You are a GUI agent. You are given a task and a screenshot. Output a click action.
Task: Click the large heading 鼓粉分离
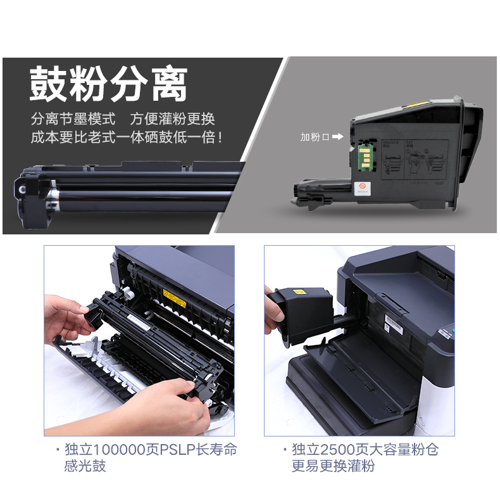click(x=108, y=84)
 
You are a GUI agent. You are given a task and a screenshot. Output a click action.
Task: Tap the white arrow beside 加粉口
click(x=337, y=137)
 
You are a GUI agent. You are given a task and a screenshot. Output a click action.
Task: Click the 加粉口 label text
click(x=315, y=137)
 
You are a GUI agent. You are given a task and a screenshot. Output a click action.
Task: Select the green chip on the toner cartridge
click(x=365, y=157)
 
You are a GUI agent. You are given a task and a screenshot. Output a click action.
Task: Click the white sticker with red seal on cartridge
click(x=363, y=189)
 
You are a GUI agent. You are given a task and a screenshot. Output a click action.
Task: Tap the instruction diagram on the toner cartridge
click(x=415, y=160)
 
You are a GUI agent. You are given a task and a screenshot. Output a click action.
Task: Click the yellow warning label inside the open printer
click(x=174, y=298)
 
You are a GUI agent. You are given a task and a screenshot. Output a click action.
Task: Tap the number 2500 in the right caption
click(x=337, y=450)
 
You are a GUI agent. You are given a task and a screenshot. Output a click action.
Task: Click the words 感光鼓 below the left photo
click(x=85, y=466)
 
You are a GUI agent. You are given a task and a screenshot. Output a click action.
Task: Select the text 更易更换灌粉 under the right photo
click(x=334, y=466)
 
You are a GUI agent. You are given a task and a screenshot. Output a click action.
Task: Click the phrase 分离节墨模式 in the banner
click(x=73, y=118)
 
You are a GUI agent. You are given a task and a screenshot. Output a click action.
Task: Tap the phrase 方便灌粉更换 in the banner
click(x=172, y=118)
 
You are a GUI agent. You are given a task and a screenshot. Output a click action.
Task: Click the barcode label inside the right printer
click(x=394, y=323)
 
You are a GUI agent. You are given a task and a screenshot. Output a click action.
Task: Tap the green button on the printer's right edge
click(x=453, y=331)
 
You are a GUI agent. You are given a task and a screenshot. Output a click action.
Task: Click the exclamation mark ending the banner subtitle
click(x=220, y=137)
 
